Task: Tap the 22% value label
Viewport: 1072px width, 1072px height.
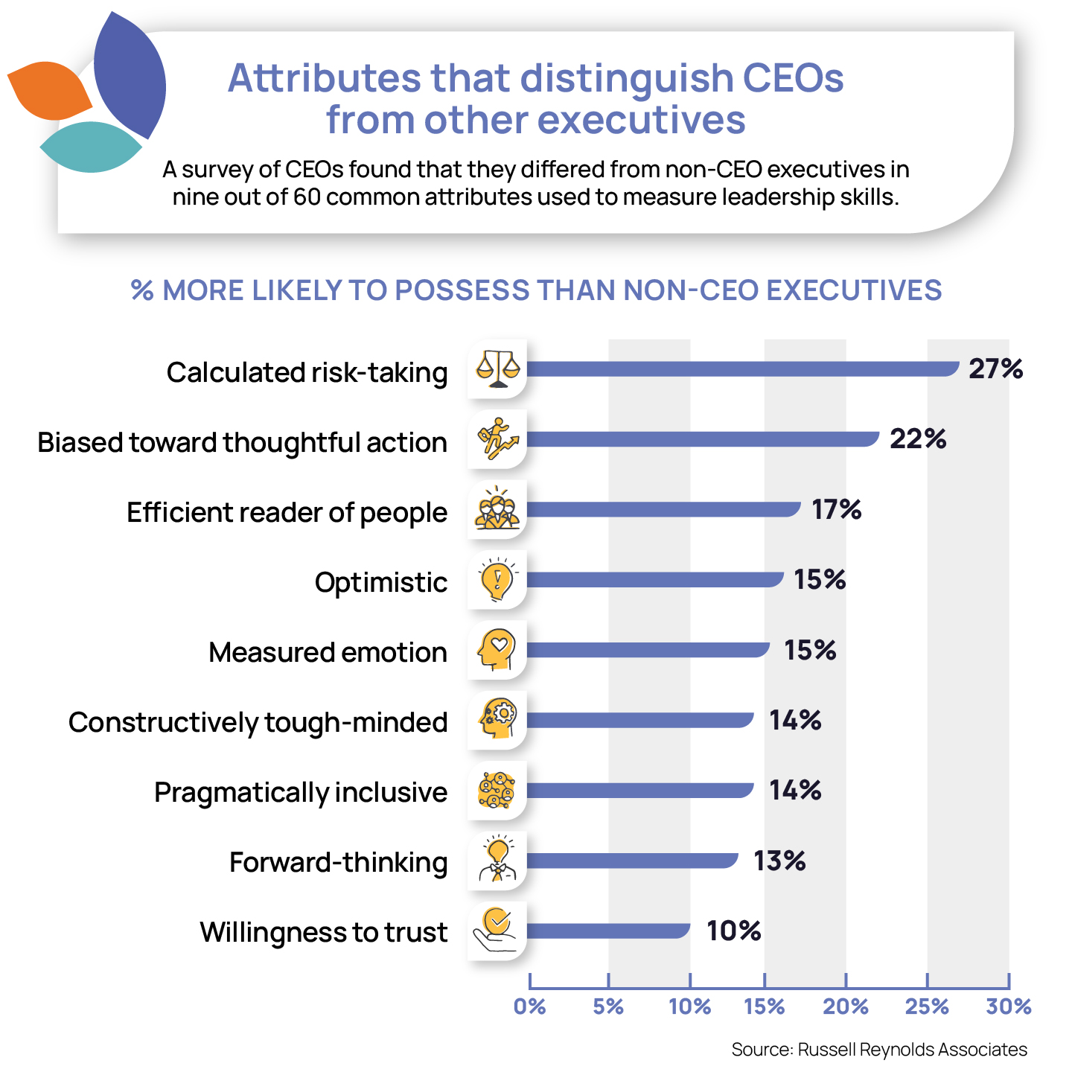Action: click(x=918, y=439)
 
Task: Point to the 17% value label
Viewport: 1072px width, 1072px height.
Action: click(x=836, y=510)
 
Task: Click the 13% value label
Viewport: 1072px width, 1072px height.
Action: click(x=779, y=861)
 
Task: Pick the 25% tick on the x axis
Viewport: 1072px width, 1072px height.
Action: click(x=927, y=1006)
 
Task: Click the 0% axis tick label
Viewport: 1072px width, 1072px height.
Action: click(x=529, y=1006)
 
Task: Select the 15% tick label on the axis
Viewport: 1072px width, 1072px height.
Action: click(x=765, y=1006)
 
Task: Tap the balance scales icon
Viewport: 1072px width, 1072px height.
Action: click(x=497, y=369)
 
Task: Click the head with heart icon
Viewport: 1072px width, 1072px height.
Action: click(x=497, y=650)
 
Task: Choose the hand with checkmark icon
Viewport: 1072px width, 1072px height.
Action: click(x=497, y=931)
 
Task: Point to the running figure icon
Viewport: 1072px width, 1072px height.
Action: click(x=497, y=439)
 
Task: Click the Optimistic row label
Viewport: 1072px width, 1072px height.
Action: click(x=381, y=582)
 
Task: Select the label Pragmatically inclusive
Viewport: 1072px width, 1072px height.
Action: click(x=301, y=792)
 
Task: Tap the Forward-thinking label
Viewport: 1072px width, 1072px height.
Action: click(x=339, y=862)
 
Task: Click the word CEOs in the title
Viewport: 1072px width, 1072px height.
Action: click(x=793, y=77)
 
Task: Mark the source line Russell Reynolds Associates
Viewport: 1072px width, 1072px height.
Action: click(x=879, y=1050)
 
